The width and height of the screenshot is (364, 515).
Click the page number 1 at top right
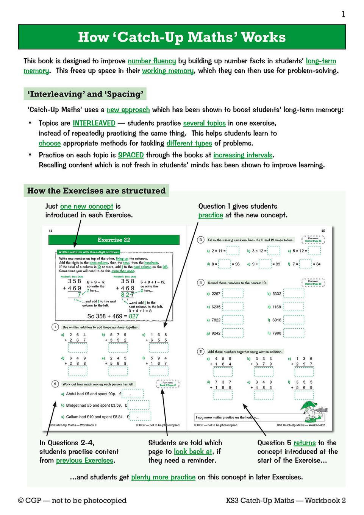343,14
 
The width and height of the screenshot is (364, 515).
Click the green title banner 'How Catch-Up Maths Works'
182,37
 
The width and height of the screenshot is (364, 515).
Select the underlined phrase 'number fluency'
152,61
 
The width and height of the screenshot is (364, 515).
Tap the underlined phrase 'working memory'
168,71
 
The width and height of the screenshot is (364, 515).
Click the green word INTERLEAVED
94,123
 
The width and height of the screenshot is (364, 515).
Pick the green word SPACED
131,155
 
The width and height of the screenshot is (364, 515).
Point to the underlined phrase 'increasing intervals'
243,155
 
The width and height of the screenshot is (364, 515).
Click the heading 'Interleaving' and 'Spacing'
86,94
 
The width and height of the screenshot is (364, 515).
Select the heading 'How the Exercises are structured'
96,190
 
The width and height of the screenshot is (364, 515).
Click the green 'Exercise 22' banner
114,240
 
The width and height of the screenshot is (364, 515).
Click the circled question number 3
201,240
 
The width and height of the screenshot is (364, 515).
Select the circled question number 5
201,351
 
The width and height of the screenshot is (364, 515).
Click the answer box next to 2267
233,293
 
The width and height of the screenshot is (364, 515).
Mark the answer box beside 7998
294,333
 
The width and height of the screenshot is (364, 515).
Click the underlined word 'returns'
305,443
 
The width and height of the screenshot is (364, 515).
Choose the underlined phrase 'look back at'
193,451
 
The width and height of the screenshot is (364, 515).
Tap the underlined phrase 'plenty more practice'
163,477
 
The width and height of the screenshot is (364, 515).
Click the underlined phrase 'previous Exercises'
84,460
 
